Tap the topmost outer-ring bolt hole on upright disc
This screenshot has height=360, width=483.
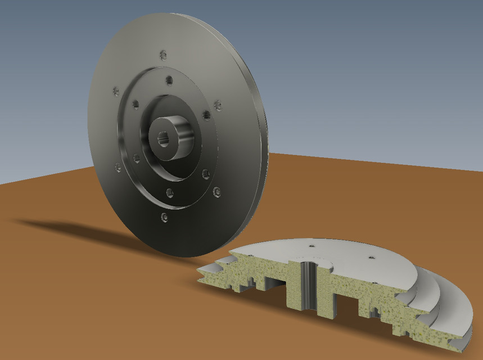click(163, 55)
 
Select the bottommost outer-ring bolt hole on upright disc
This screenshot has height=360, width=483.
click(164, 216)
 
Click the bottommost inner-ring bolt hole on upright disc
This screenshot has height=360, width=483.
click(169, 193)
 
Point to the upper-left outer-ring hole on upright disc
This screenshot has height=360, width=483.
click(116, 91)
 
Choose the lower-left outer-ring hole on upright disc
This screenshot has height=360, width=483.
click(118, 167)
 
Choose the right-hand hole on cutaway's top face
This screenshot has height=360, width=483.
click(372, 258)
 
